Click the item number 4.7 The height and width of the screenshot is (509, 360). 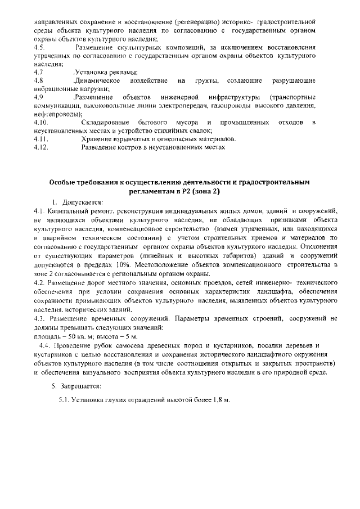coord(38,73)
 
